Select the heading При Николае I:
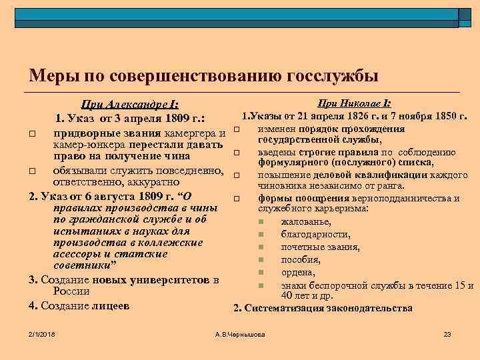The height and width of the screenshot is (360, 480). coord(353,103)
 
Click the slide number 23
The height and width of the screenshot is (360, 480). coord(447,333)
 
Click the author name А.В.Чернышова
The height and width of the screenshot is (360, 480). coord(239,333)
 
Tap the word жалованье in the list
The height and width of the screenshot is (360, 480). coord(306,222)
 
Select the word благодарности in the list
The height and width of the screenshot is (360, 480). coord(315,234)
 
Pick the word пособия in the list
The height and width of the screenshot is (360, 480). coord(301,259)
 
